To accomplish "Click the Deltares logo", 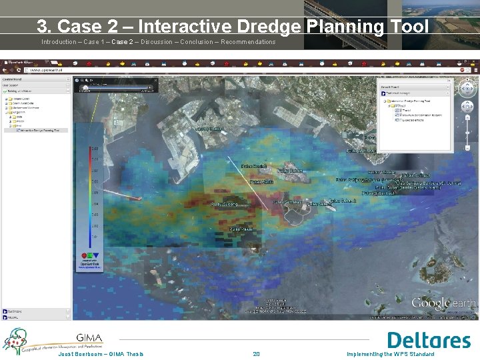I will [429, 340].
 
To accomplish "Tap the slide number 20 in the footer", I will [256, 354].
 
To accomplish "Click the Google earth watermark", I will [443, 304].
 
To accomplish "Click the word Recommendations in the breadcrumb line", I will [247, 42].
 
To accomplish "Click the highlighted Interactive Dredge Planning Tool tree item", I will [39, 130].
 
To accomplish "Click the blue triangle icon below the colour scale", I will [95, 255].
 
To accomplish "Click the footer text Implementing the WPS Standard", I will [390, 354].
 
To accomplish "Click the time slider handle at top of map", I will [86, 85].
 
